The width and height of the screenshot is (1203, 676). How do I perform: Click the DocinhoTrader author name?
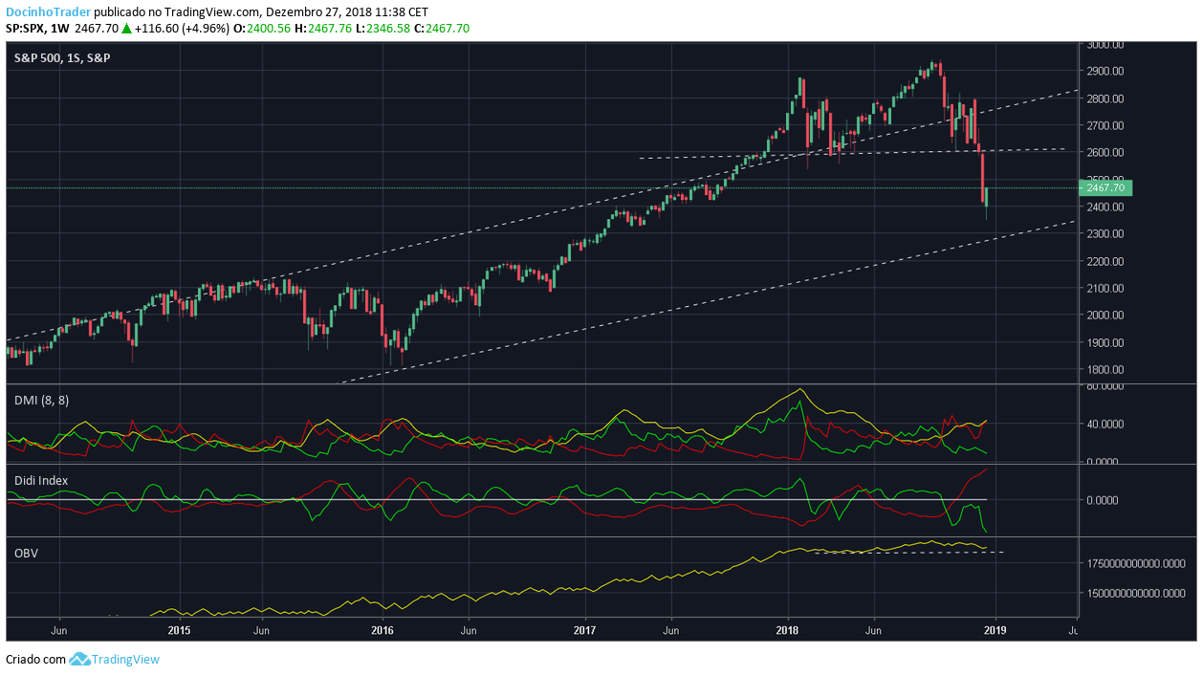pyautogui.click(x=49, y=12)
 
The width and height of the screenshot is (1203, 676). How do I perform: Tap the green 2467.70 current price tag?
pyautogui.click(x=1105, y=188)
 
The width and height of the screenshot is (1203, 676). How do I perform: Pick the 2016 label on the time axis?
pyautogui.click(x=383, y=631)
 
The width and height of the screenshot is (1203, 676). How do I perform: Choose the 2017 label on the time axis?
pyautogui.click(x=585, y=631)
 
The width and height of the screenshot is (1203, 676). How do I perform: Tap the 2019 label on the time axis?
pyautogui.click(x=995, y=631)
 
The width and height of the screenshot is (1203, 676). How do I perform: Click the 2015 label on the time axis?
pyautogui.click(x=179, y=631)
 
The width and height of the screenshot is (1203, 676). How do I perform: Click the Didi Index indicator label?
pyautogui.click(x=41, y=480)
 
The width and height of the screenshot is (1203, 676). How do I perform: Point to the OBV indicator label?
pyautogui.click(x=26, y=553)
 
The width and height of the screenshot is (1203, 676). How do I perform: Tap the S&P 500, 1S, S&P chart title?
pyautogui.click(x=62, y=58)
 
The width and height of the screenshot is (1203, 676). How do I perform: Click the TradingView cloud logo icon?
pyautogui.click(x=79, y=659)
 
